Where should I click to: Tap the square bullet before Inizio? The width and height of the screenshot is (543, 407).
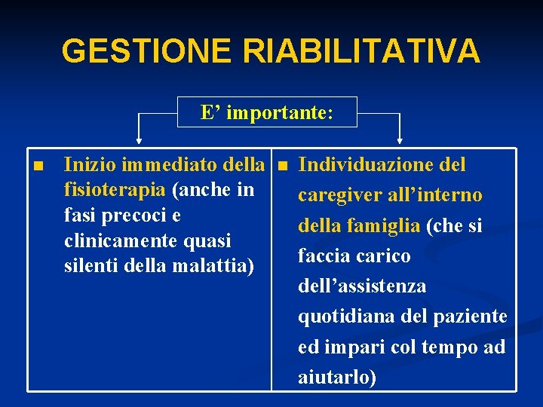(x=38, y=165)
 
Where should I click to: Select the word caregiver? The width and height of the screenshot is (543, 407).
(x=340, y=195)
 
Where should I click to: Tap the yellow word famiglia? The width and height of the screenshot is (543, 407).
(x=386, y=225)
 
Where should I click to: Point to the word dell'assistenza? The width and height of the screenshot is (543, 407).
(x=362, y=286)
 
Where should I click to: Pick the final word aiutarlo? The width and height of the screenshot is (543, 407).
(x=337, y=377)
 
